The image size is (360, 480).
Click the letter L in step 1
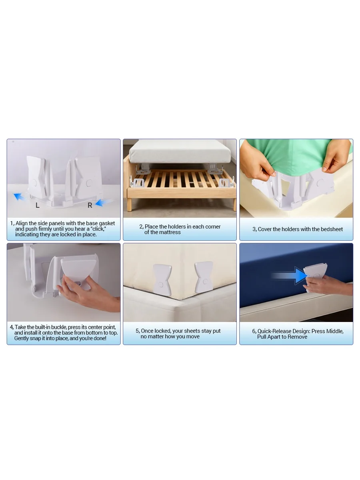click(38, 205)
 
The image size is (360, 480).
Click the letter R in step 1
click(90, 205)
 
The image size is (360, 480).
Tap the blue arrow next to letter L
click(18, 196)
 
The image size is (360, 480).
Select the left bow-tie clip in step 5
click(161, 277)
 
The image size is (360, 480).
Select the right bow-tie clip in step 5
click(204, 277)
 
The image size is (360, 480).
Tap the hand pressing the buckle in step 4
click(96, 294)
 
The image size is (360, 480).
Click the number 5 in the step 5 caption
click(137, 331)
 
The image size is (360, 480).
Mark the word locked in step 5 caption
click(163, 331)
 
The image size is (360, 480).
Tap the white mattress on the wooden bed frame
click(180, 151)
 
